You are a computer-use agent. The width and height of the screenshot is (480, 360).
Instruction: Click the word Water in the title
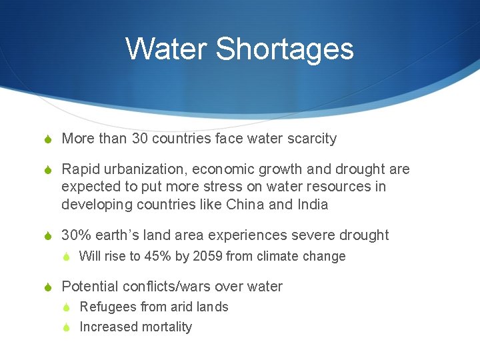pos(166,49)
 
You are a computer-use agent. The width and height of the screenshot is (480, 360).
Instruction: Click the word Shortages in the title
pos(285,49)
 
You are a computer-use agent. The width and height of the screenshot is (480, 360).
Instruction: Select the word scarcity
pos(311,139)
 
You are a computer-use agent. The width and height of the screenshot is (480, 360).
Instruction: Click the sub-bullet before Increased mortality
pos(67,327)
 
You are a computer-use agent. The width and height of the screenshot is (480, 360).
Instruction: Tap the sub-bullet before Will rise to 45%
pos(67,257)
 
